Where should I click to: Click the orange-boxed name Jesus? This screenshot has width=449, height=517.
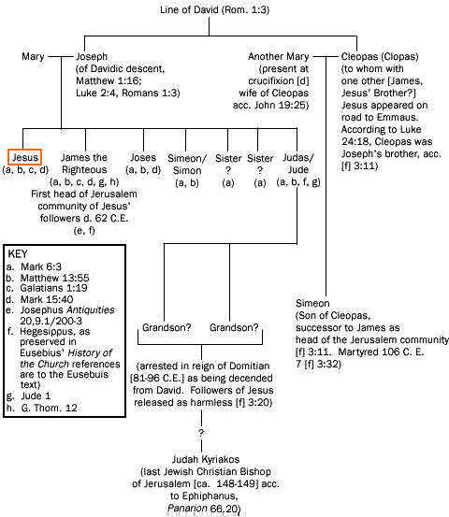[x=25, y=157]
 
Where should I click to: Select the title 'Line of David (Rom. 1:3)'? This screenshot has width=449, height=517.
[x=215, y=9]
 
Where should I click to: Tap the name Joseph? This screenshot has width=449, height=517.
[x=92, y=57]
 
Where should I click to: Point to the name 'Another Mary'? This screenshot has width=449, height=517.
[x=278, y=56]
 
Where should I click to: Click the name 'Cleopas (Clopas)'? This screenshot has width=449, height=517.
[x=380, y=57]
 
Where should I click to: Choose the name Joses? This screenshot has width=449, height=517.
[x=143, y=158]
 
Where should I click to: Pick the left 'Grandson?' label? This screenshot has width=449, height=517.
[x=167, y=327]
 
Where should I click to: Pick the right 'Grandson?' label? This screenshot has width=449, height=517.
[x=234, y=327]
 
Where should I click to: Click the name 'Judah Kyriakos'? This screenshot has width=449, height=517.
[x=206, y=459]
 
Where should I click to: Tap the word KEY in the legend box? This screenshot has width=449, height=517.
[x=18, y=254]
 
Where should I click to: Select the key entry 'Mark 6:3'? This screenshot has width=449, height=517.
[x=41, y=266]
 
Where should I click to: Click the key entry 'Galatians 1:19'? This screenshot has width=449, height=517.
[x=53, y=288]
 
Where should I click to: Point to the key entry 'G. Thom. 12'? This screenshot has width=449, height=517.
[x=49, y=408]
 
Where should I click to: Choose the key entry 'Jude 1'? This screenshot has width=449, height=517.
[x=36, y=395]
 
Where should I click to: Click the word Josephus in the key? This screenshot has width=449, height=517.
[x=42, y=310]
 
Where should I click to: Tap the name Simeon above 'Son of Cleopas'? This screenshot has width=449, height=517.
[x=312, y=303]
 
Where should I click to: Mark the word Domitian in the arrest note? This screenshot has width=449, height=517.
[x=249, y=366]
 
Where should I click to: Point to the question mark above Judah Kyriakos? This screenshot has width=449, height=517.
[x=201, y=432]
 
